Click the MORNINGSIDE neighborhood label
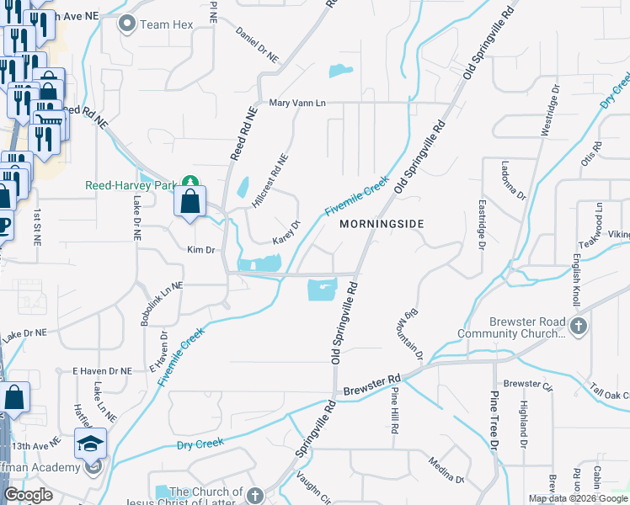(x=381, y=224)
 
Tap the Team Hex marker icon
(x=128, y=24)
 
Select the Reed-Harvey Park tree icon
(x=192, y=182)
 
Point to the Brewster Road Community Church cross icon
(x=579, y=325)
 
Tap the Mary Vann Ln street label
(x=297, y=103)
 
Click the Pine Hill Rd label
(x=394, y=407)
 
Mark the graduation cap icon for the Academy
(x=90, y=443)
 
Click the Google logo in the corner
(x=27, y=495)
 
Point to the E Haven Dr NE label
(x=102, y=370)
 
